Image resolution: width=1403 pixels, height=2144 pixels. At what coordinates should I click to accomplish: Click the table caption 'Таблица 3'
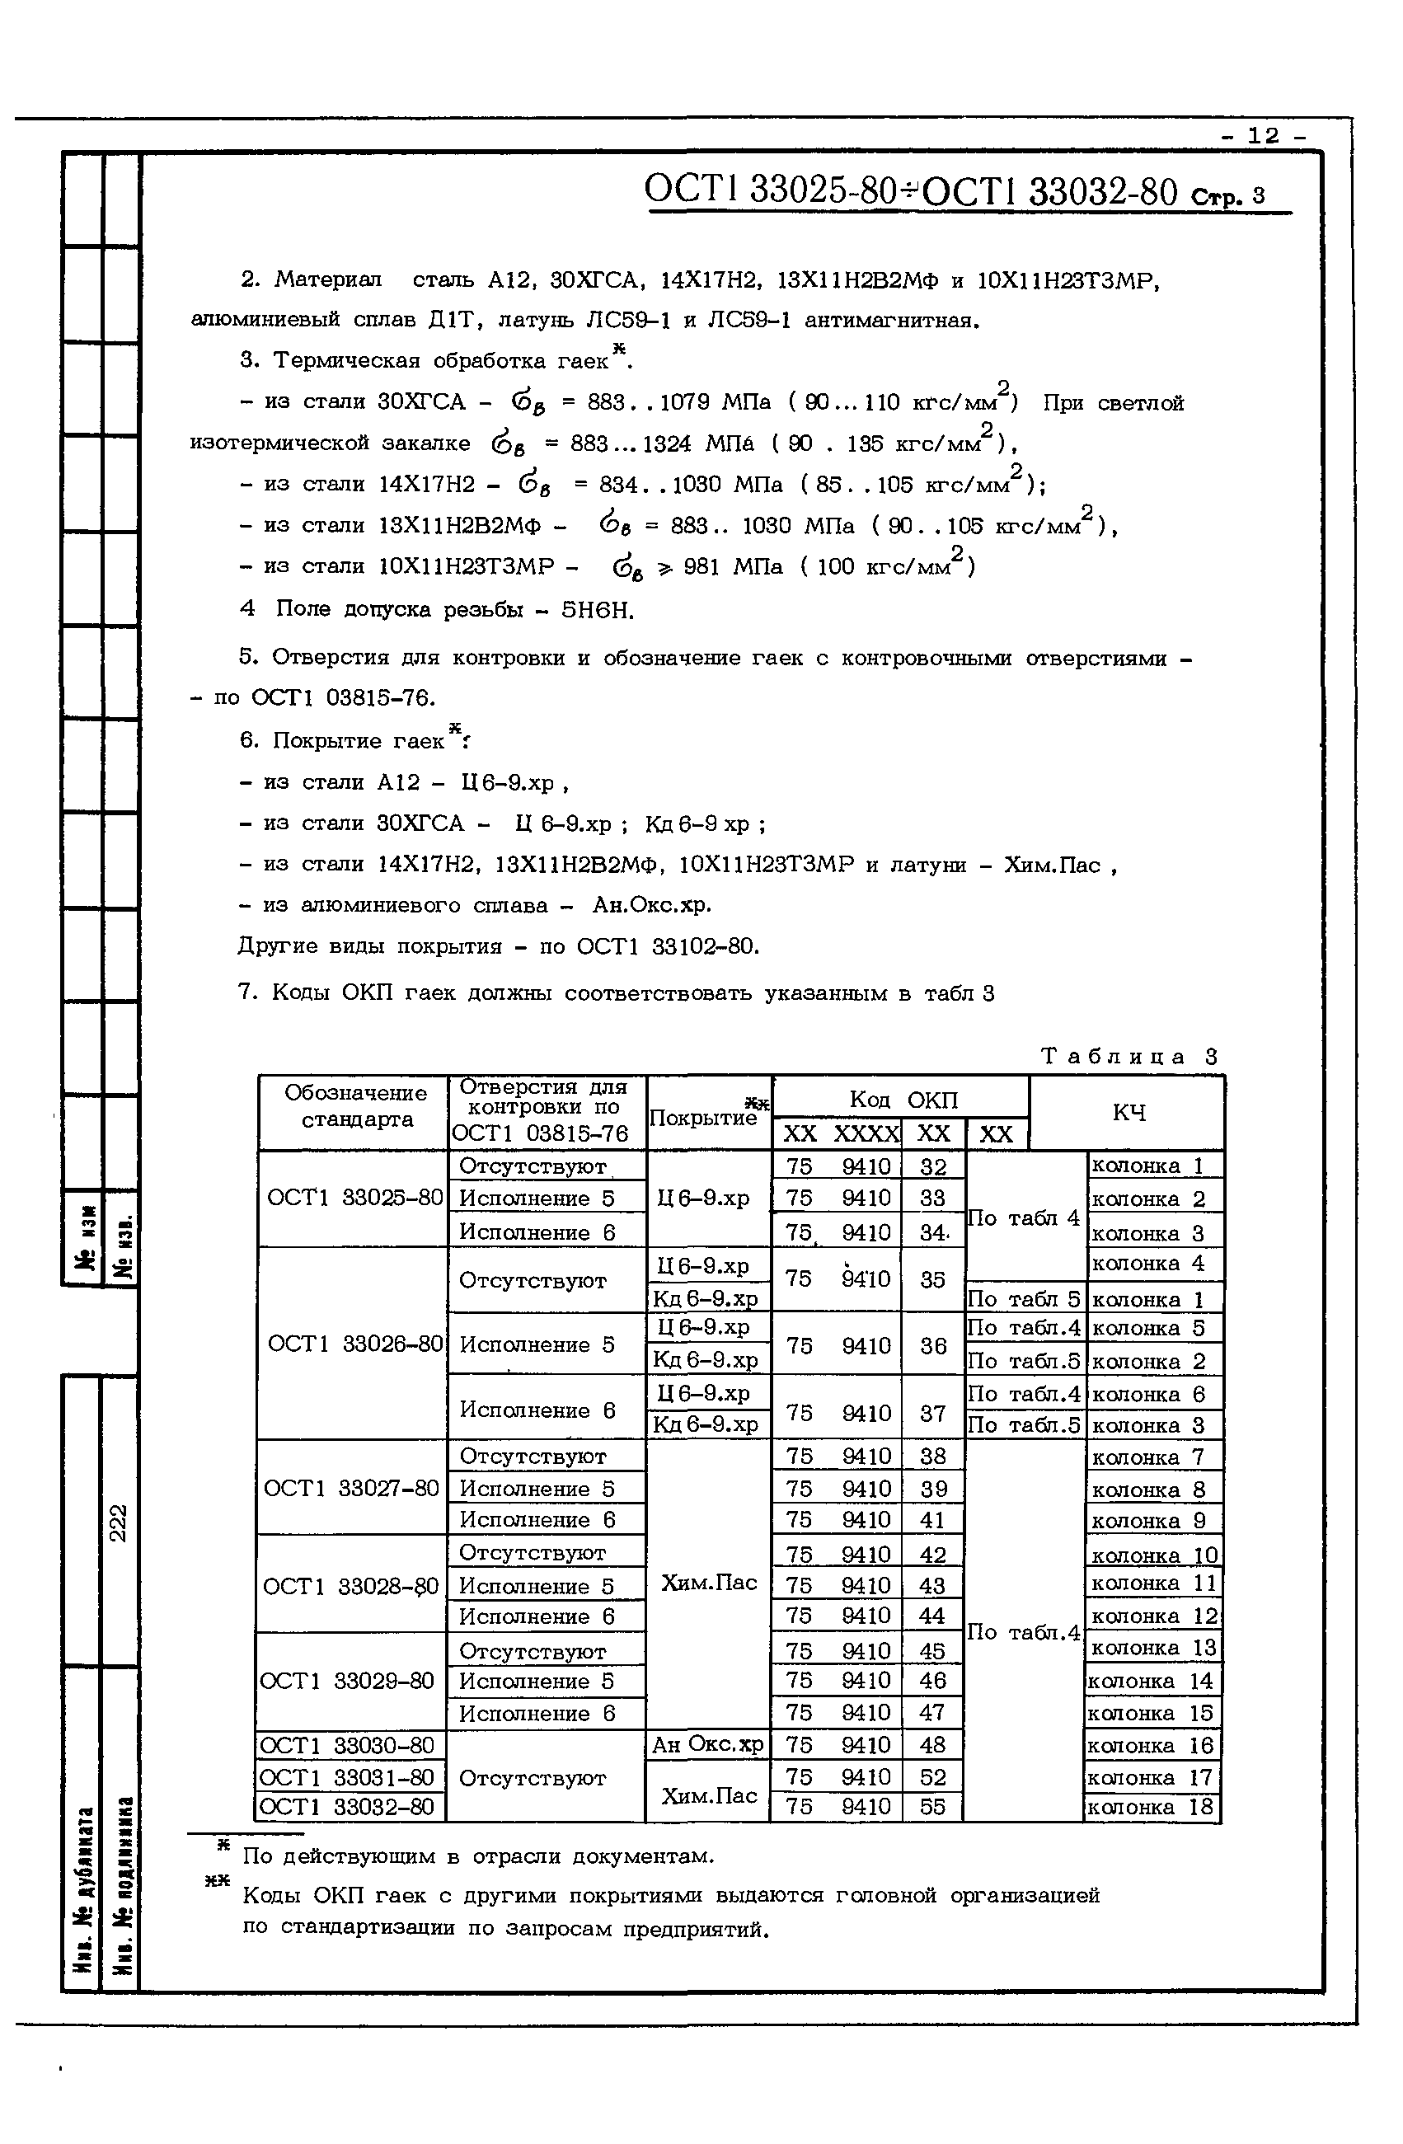(x=1129, y=1056)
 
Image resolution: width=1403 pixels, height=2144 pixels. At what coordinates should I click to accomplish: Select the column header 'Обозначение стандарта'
(x=356, y=1106)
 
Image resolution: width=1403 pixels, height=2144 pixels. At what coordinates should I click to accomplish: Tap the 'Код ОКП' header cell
(x=903, y=1100)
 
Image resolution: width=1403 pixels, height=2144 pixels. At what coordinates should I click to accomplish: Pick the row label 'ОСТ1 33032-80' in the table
(x=347, y=1806)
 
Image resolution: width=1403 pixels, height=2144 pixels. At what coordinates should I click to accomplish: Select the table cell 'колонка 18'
(x=1152, y=1807)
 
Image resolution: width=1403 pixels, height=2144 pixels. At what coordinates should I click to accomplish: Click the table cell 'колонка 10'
(x=1154, y=1555)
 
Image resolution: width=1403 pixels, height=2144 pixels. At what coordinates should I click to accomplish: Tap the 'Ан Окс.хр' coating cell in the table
(x=707, y=1745)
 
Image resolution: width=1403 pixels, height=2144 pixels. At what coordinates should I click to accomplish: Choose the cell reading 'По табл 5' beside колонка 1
(x=1024, y=1299)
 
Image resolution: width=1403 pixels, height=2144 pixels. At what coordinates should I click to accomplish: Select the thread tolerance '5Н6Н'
(x=598, y=611)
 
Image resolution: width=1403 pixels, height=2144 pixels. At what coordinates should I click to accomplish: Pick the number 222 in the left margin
(x=118, y=1522)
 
